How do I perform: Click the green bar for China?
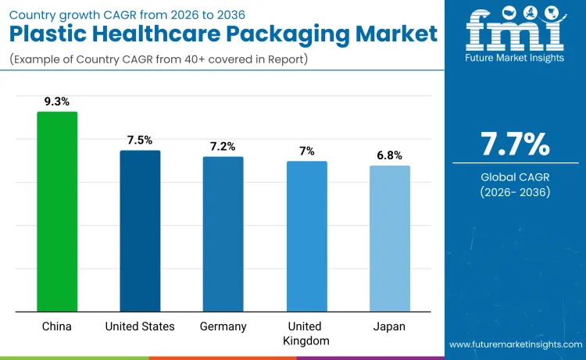57,212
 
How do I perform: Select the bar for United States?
140,231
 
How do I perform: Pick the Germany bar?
223,234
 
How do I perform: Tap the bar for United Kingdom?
306,237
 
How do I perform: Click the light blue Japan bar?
389,239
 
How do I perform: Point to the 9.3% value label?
57,101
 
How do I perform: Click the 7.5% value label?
140,140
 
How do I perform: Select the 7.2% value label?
223,146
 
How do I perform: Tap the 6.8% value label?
389,155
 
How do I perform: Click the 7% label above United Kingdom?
306,151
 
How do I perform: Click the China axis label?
57,326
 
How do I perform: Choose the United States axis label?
140,326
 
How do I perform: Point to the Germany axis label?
223,326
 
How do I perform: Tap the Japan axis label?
389,326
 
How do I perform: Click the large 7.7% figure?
515,145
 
